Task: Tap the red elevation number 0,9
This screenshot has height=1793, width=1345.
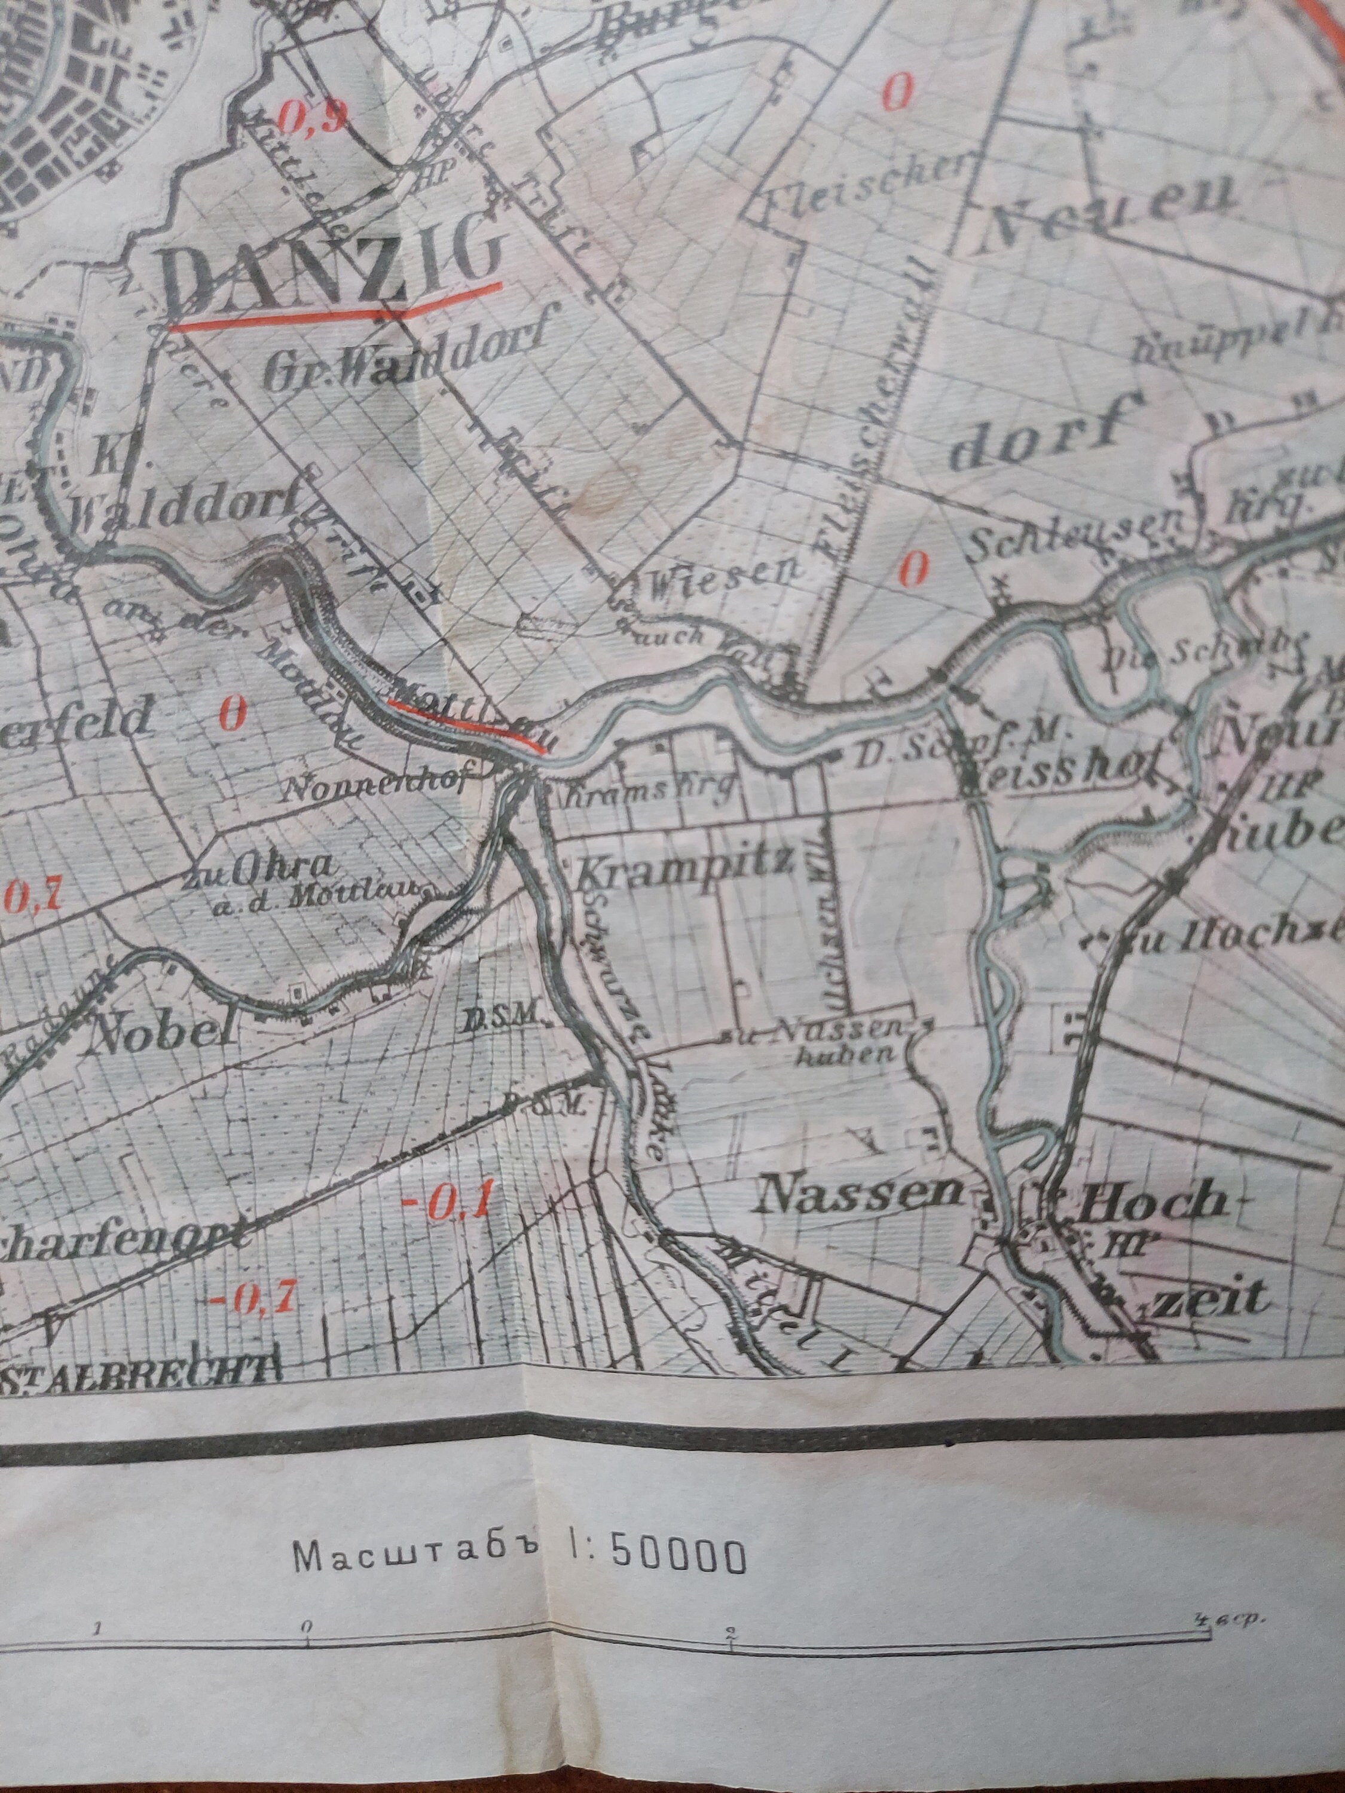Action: click(312, 119)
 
